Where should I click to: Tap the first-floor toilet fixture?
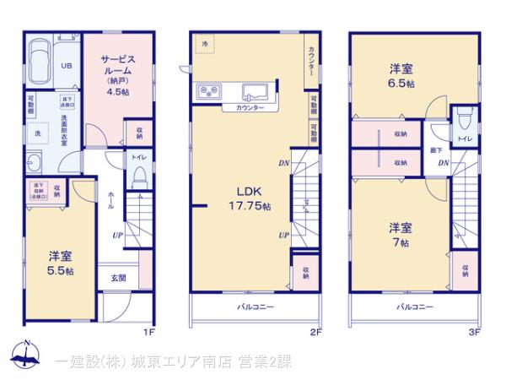click(141, 177)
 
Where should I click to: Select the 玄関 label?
click(117, 278)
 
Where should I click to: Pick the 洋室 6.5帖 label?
click(401, 76)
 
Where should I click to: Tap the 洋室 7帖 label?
click(399, 234)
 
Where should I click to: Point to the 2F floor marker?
click(315, 331)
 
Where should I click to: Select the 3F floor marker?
click(474, 331)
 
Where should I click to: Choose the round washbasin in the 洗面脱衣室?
click(34, 164)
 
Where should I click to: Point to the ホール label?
click(110, 201)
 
